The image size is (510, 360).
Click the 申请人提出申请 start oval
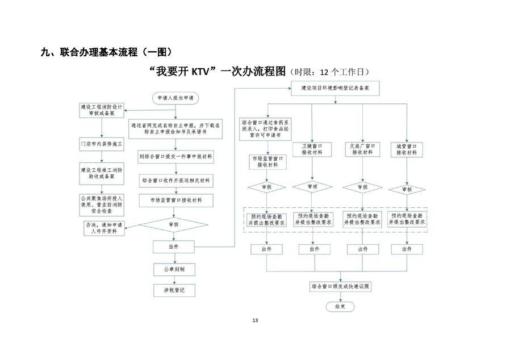click(x=175, y=98)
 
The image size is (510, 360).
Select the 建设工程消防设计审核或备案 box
click(x=101, y=110)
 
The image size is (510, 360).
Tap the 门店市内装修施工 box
click(x=101, y=144)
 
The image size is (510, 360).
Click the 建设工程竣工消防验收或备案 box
click(x=101, y=173)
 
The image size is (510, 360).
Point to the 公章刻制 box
click(x=174, y=268)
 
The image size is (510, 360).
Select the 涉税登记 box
click(x=174, y=290)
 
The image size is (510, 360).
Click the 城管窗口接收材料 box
click(x=407, y=149)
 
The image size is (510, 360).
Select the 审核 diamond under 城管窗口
click(x=407, y=189)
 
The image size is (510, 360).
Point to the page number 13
click(x=255, y=321)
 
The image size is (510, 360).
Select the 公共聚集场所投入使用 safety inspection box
click(x=101, y=204)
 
